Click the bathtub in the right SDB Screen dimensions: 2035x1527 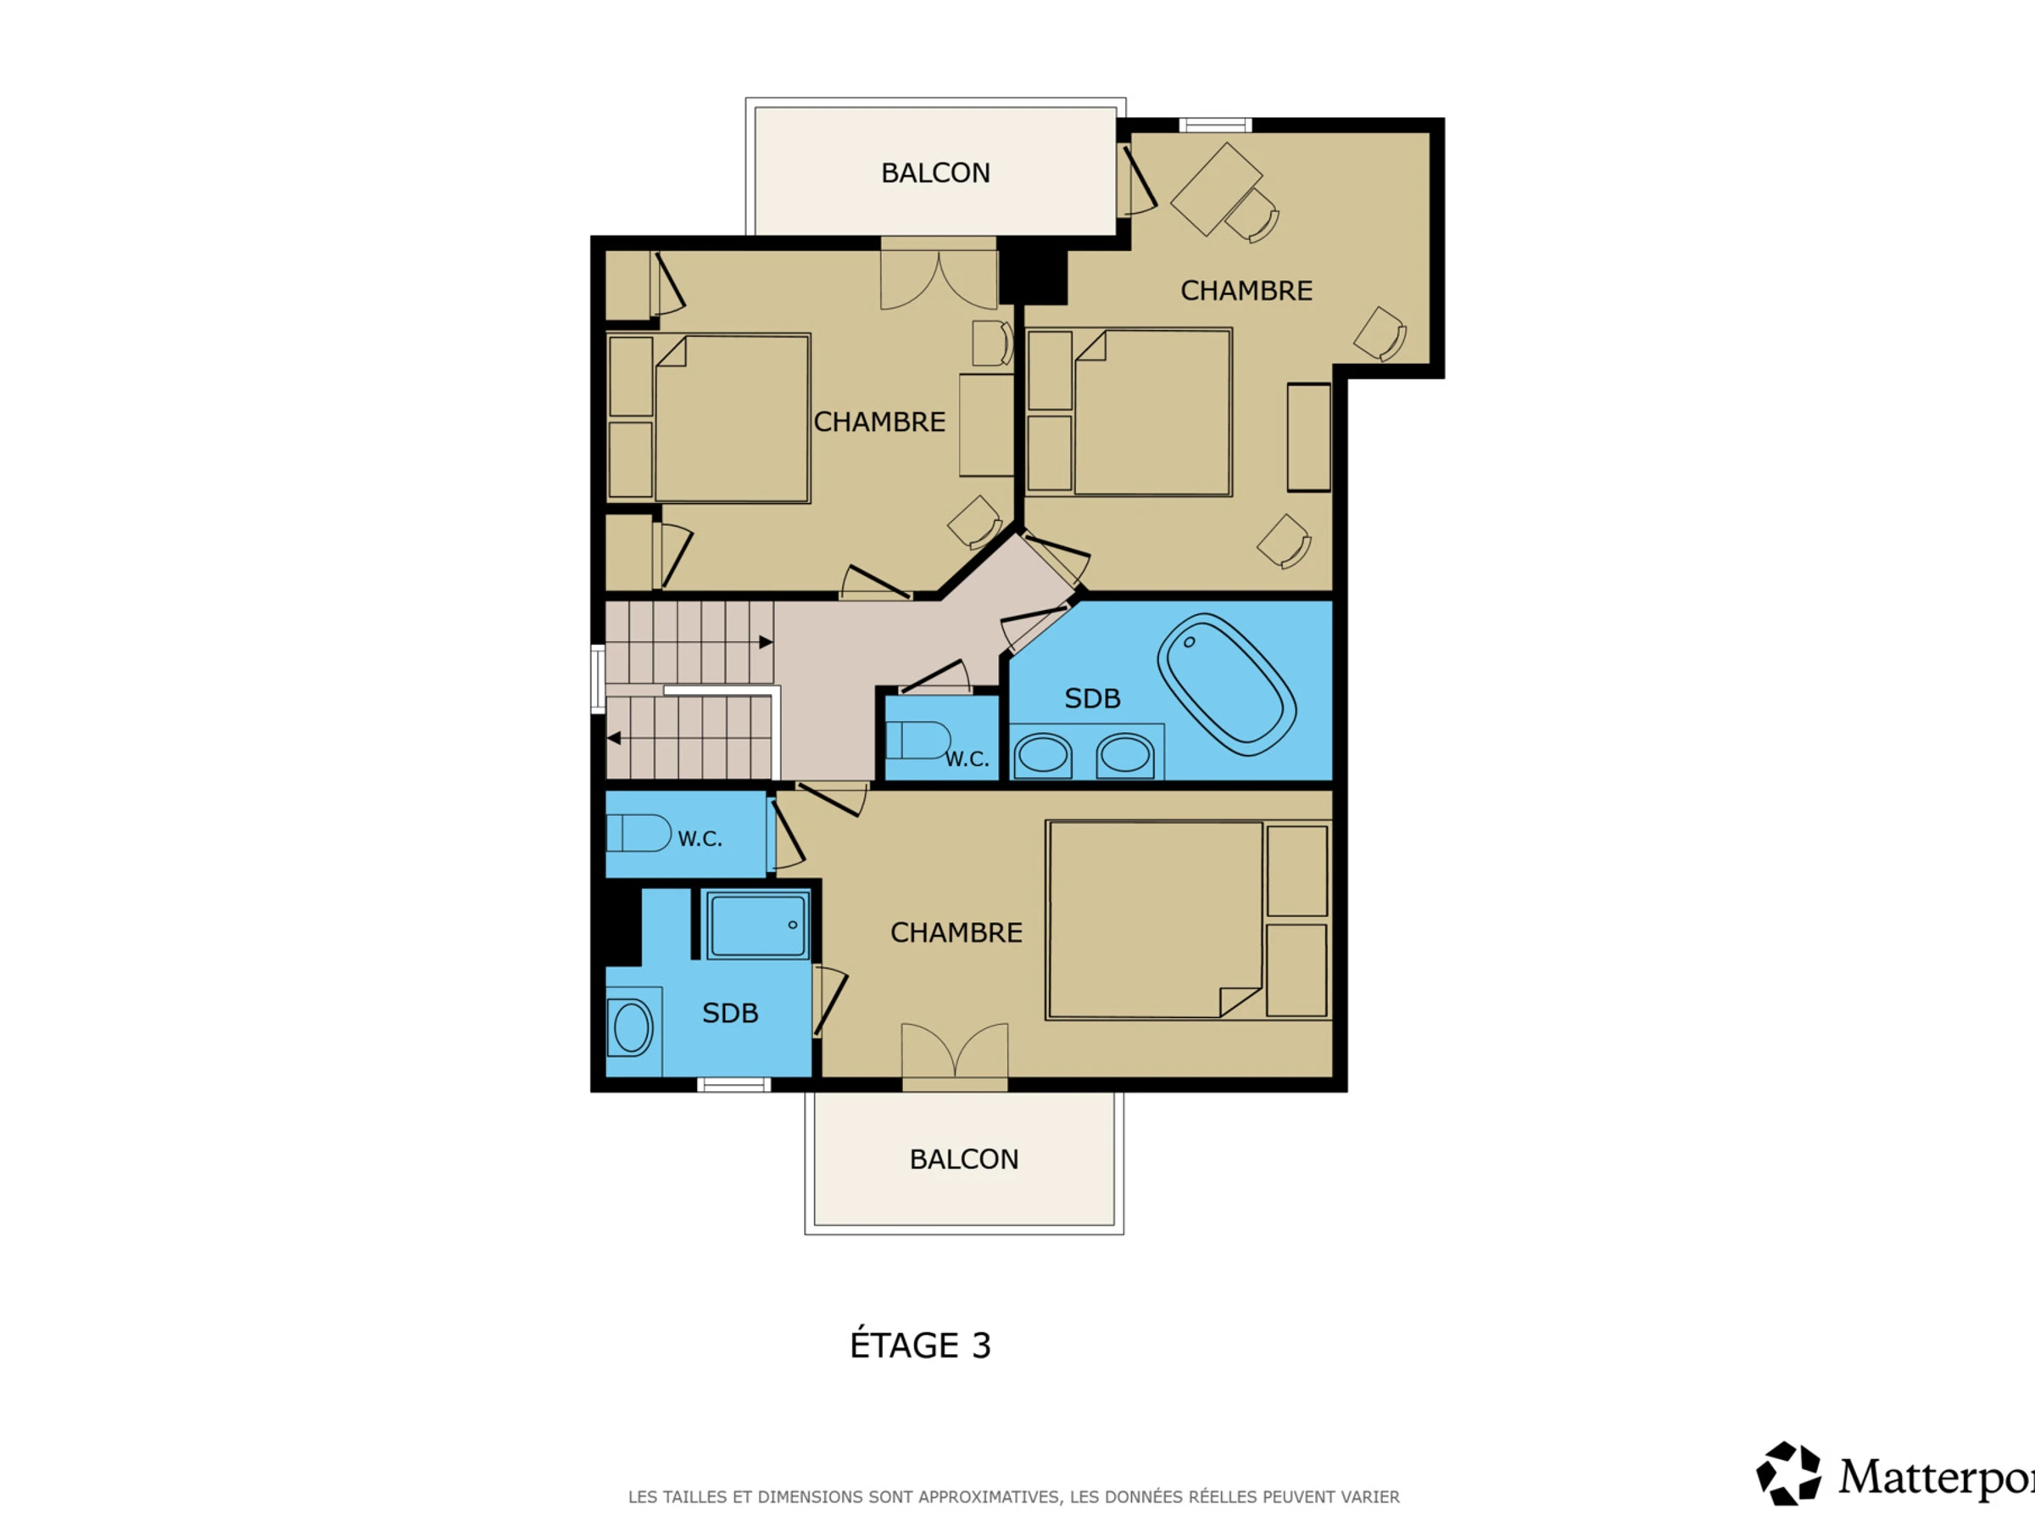click(x=1226, y=684)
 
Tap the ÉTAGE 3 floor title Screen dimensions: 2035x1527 click(x=920, y=1345)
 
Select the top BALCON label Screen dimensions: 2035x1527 click(x=935, y=173)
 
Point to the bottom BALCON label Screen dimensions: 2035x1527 click(x=964, y=1159)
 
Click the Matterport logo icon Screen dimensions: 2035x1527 click(x=1788, y=1473)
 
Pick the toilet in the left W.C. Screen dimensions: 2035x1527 click(x=638, y=833)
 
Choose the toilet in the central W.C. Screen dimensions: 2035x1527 click(x=918, y=740)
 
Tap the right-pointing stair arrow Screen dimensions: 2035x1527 click(x=766, y=641)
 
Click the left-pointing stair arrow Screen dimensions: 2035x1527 click(x=614, y=738)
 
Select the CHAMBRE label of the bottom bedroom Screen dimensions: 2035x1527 click(x=956, y=932)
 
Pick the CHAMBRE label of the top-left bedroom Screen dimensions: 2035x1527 click(x=879, y=422)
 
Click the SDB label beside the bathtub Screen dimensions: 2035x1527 click(x=1092, y=699)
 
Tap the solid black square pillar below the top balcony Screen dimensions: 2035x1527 click(x=1033, y=271)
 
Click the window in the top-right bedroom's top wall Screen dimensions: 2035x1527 click(x=1215, y=126)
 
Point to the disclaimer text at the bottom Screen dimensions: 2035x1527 click(x=1014, y=1497)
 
